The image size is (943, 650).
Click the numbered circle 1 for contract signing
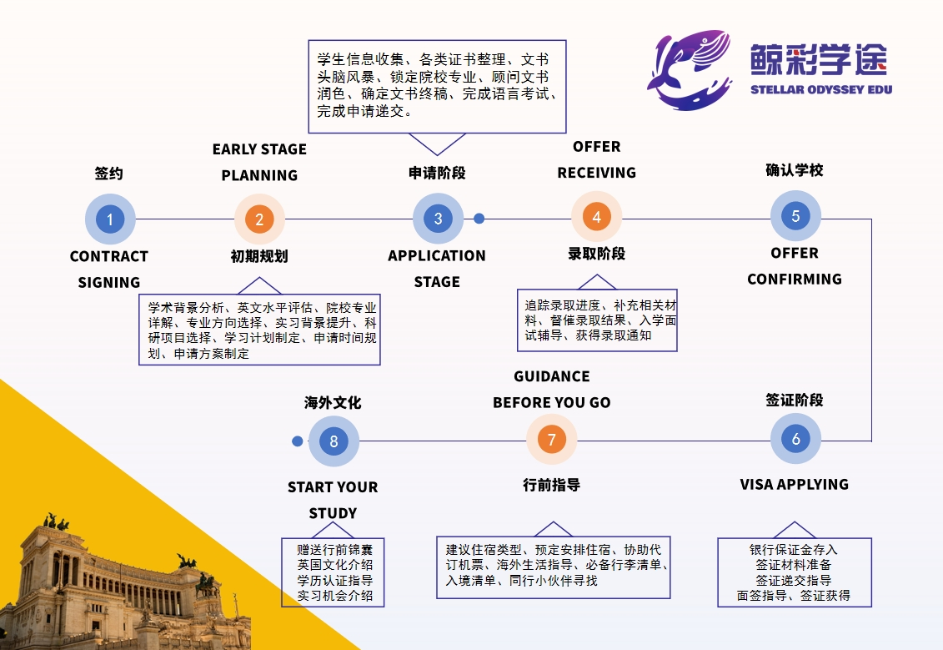tap(109, 219)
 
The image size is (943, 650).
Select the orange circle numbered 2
tap(259, 219)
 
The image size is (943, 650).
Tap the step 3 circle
tap(438, 219)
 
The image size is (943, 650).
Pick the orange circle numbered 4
tap(596, 217)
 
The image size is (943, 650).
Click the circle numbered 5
tap(795, 216)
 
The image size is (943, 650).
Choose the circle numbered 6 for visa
tap(795, 439)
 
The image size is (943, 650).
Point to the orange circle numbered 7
tap(551, 440)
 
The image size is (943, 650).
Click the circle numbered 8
tap(334, 441)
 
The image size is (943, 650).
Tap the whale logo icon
tap(689, 70)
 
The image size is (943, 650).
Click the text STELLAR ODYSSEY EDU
tap(820, 89)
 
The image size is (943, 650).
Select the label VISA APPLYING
tap(794, 484)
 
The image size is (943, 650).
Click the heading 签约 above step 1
tap(108, 174)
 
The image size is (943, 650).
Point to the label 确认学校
tap(794, 170)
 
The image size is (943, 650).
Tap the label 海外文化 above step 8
tap(333, 402)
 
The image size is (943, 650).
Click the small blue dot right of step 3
tap(479, 219)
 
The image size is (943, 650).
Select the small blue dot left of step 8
tap(298, 441)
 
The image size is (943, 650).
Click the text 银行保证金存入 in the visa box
tap(793, 550)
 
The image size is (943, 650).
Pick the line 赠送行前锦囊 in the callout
tap(334, 550)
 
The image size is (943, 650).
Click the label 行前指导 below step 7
tap(551, 485)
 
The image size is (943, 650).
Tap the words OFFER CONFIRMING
tap(794, 266)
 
